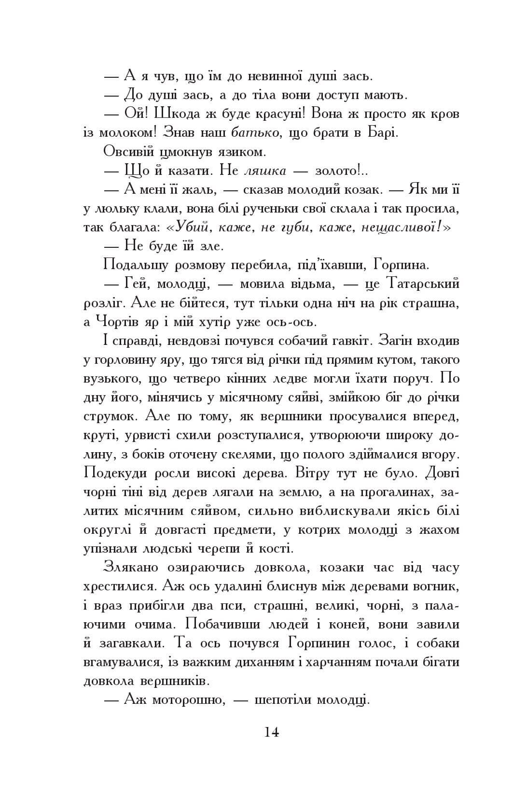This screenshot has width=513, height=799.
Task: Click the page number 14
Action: (x=271, y=732)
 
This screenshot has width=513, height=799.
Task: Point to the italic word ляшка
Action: (x=265, y=171)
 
